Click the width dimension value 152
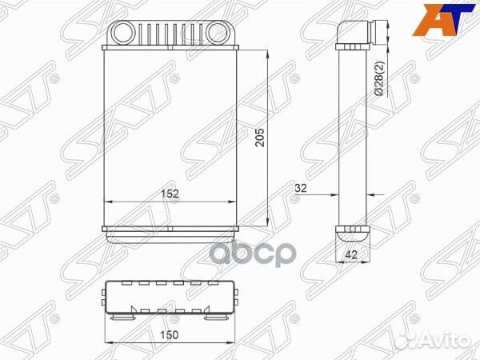(x=170, y=192)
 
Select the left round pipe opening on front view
(x=126, y=34)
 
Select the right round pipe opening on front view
(x=216, y=34)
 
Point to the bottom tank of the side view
(x=351, y=234)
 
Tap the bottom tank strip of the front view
(x=170, y=232)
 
